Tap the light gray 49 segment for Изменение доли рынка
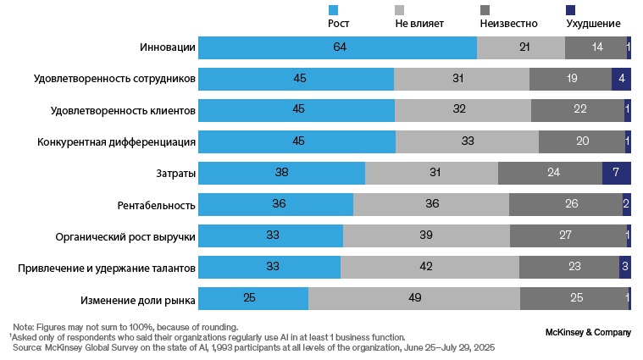tap(413, 299)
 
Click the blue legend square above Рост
tap(334, 9)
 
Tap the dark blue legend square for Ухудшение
tap(570, 9)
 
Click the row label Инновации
tap(169, 48)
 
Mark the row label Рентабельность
tap(157, 205)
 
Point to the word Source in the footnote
tap(27, 347)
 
